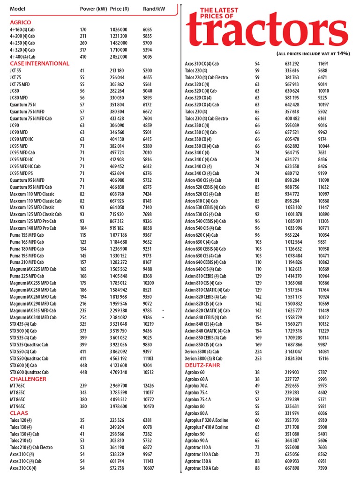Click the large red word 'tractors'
tap(268, 31)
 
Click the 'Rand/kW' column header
tap(154, 9)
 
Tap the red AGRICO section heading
tap(21, 22)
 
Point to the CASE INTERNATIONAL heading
tap(39, 63)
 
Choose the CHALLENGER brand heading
tap(28, 379)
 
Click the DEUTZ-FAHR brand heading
tap(202, 365)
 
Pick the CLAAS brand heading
tap(19, 413)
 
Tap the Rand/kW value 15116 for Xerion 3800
tap(323, 358)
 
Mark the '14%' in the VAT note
tap(343, 53)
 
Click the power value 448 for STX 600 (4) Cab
tap(83, 365)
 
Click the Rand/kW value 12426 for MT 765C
tap(150, 386)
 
